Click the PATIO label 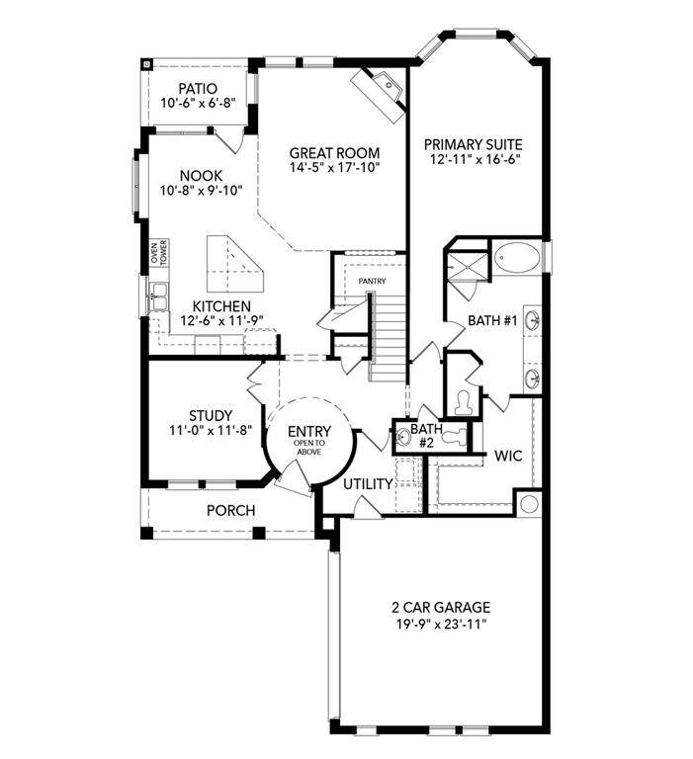click(x=198, y=88)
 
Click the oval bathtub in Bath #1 click(x=517, y=258)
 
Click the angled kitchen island click(x=230, y=260)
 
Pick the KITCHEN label click(x=221, y=306)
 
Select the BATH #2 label click(x=427, y=435)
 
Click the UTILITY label click(x=368, y=484)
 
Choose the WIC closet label click(x=508, y=457)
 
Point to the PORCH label click(x=230, y=511)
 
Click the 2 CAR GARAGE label click(x=441, y=607)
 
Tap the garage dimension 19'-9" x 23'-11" click(x=441, y=624)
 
